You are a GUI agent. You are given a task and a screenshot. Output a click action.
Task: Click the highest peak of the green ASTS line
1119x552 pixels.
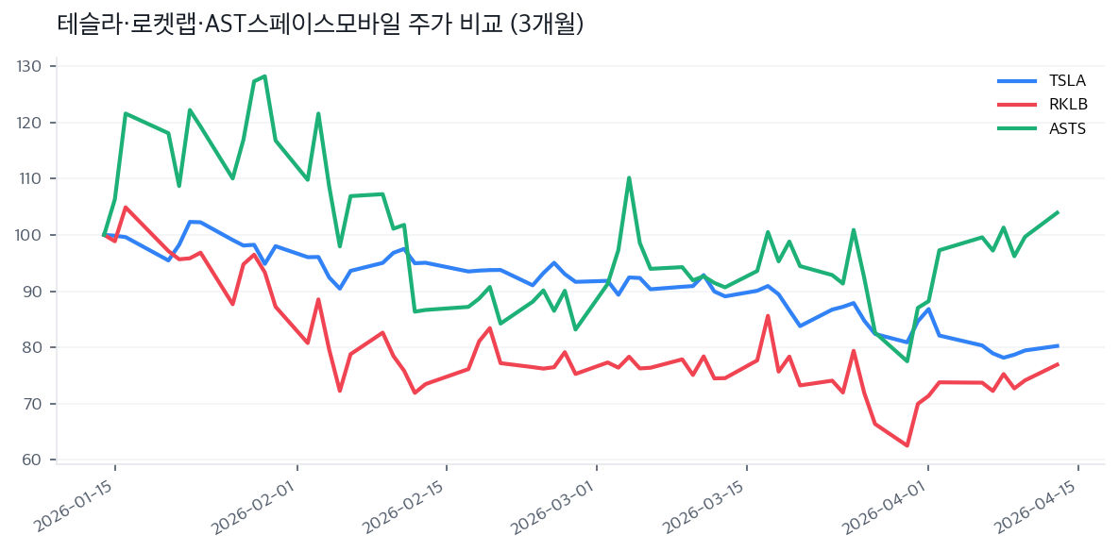264,75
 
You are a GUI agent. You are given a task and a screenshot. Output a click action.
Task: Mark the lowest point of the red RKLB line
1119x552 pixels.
907,445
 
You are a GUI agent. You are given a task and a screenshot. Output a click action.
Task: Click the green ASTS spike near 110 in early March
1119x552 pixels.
629,177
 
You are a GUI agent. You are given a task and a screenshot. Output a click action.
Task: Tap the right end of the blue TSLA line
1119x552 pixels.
1057,345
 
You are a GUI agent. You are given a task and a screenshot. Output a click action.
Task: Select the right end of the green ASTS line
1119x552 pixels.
1057,212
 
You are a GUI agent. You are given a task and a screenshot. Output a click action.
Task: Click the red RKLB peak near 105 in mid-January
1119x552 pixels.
126,208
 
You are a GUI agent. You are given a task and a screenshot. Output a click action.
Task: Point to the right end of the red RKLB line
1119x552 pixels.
1057,364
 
